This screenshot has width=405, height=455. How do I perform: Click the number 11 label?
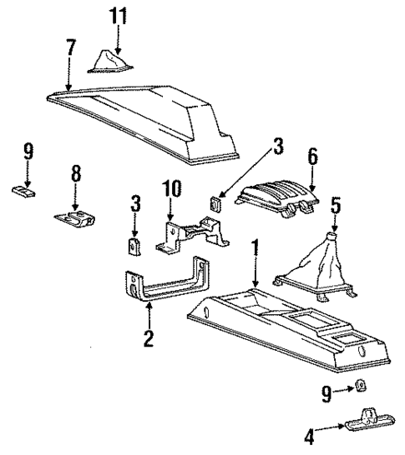118,14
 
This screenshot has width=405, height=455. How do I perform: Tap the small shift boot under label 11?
109,62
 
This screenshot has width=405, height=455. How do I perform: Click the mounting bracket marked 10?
189,235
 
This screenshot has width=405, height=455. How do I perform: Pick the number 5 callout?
335,202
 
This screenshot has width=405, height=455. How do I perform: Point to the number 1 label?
256,248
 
